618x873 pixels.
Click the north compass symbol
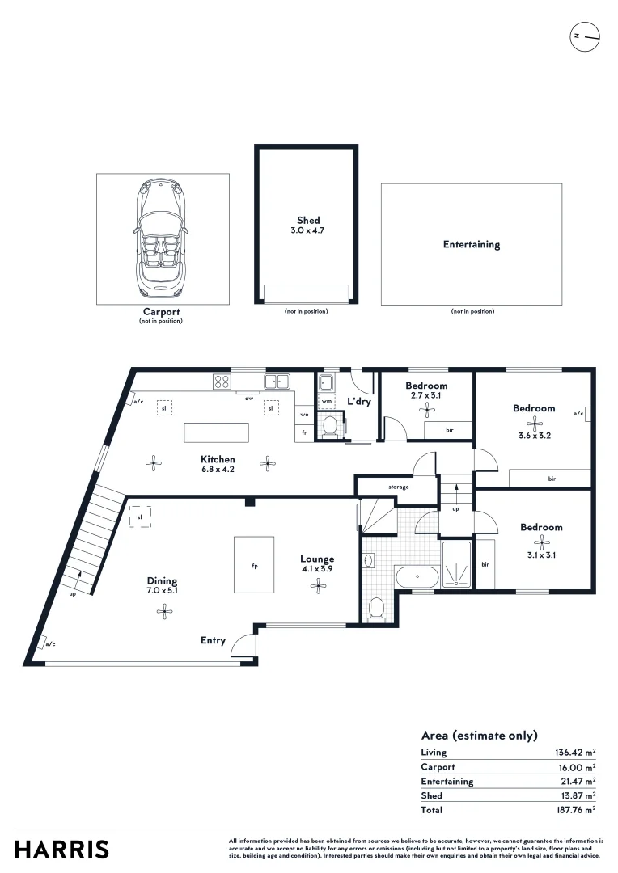click(585, 37)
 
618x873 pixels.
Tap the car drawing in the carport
click(162, 237)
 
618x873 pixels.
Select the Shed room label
click(308, 220)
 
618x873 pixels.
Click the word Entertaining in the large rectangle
click(472, 244)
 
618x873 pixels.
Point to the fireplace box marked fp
click(254, 565)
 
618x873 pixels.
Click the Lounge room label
click(317, 559)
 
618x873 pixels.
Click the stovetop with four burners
click(222, 381)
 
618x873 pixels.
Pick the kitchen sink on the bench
click(277, 381)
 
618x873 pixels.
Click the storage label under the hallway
click(398, 487)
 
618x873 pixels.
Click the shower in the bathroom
click(459, 563)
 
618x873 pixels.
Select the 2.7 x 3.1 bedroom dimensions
click(426, 396)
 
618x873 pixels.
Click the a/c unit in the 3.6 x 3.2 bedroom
click(586, 414)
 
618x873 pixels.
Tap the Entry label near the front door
click(213, 640)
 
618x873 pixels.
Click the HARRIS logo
click(61, 850)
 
